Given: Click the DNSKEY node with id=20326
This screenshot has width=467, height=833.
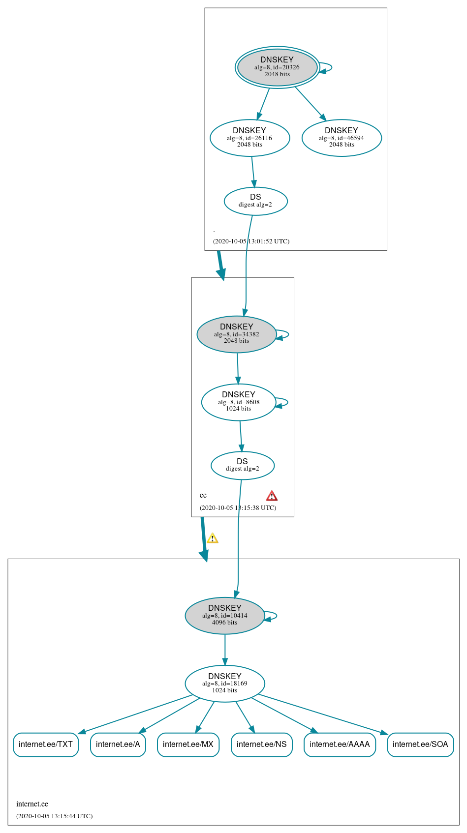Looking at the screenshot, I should click(x=277, y=67).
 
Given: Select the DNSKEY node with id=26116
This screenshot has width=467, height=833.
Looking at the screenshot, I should click(x=249, y=138).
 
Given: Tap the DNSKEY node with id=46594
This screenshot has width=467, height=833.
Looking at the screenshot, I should click(x=342, y=138).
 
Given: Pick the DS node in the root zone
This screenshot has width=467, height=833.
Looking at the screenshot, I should click(x=255, y=201).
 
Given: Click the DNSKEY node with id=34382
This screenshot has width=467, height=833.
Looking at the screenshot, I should click(x=236, y=334).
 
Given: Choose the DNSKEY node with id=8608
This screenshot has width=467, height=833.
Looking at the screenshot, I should click(x=239, y=402).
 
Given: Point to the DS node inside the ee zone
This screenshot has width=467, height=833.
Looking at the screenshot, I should click(x=243, y=465).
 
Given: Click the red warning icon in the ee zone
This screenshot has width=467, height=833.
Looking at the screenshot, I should click(x=272, y=496).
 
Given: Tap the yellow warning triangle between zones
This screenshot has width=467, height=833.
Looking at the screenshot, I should click(x=212, y=538).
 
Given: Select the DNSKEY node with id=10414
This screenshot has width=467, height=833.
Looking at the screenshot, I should click(x=225, y=616).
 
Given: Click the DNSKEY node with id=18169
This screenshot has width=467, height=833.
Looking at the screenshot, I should click(x=225, y=684).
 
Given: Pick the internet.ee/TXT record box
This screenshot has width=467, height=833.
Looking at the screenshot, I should click(x=46, y=744).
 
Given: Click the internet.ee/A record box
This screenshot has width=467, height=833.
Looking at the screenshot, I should click(x=118, y=744).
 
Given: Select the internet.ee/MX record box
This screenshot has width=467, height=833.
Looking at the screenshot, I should click(x=188, y=744).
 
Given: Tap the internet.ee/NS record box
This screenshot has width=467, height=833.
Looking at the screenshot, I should click(x=261, y=744).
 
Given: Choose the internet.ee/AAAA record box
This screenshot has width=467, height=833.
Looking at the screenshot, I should click(x=340, y=744).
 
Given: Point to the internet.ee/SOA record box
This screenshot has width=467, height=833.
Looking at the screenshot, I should click(x=420, y=744).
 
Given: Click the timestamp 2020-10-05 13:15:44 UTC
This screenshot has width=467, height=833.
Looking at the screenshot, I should click(x=54, y=816).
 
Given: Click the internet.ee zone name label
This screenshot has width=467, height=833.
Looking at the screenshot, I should click(x=32, y=804).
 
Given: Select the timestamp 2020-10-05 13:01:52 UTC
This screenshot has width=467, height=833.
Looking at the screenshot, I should click(x=251, y=241).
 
